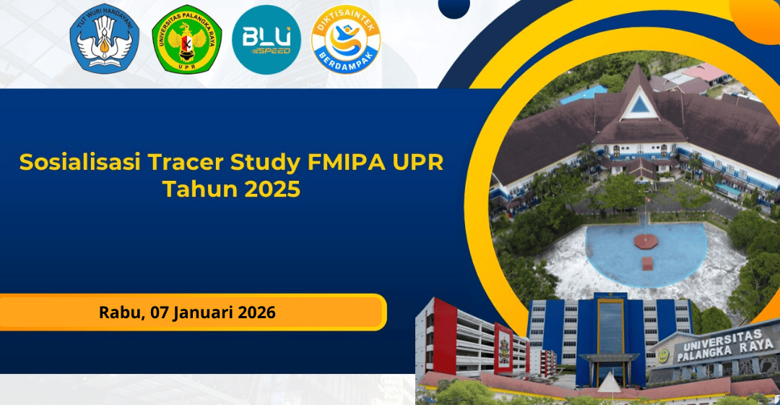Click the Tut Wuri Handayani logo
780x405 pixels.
[x=105, y=39]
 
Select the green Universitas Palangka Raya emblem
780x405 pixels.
[x=186, y=40]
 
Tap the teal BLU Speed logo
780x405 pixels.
[x=266, y=40]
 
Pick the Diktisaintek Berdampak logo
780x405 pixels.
[x=346, y=40]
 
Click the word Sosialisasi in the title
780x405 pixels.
[x=80, y=163]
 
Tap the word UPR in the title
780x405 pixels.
[x=418, y=163]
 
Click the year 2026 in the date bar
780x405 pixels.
[x=256, y=312]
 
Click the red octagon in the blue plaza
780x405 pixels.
[x=646, y=241]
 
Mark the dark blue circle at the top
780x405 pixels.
[x=454, y=7]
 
